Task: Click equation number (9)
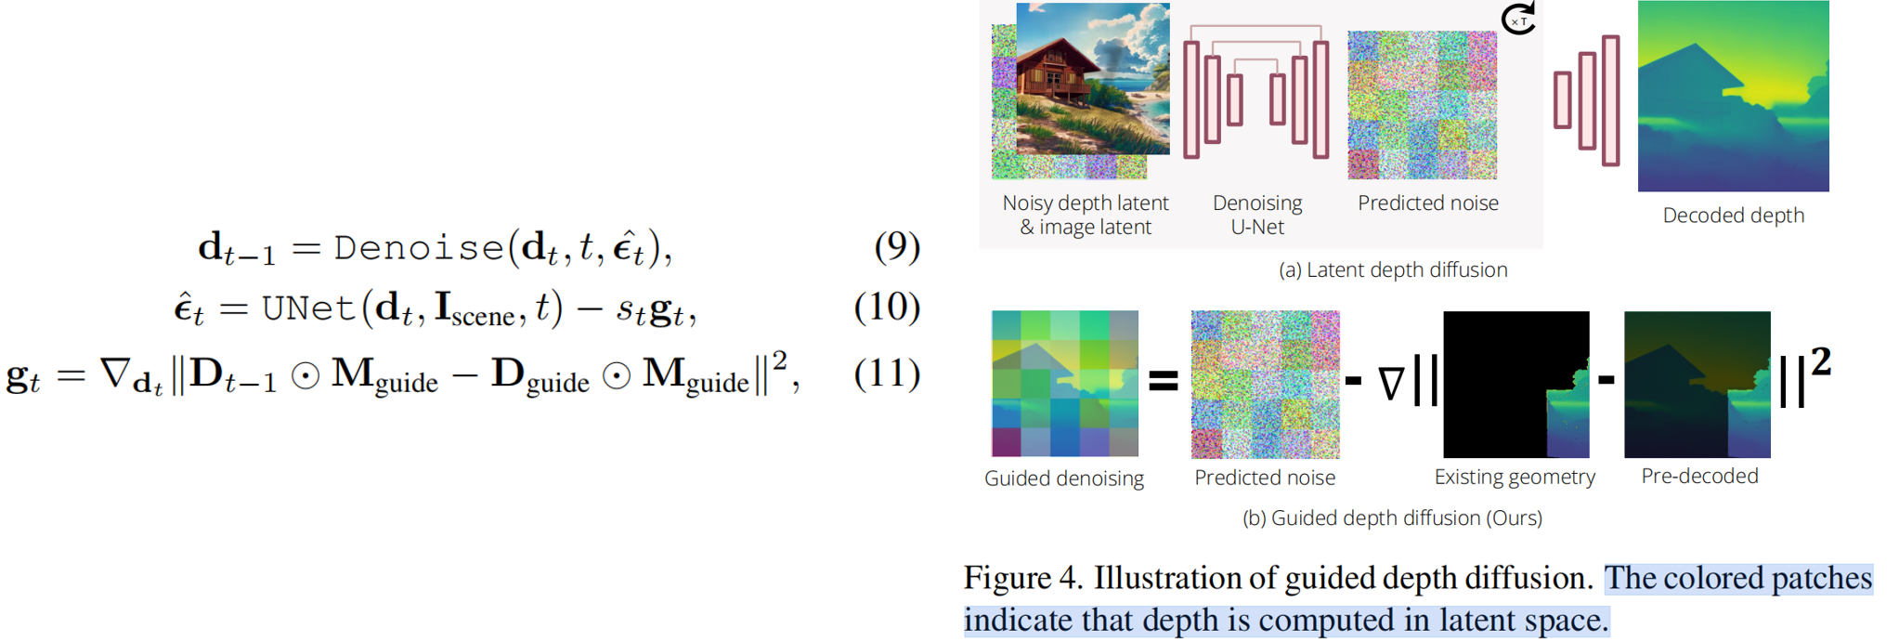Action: click(897, 246)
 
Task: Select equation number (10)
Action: click(887, 308)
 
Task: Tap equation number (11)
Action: click(887, 373)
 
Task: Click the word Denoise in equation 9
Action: click(419, 248)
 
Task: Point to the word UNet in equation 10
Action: click(309, 308)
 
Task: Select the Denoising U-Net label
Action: click(1257, 215)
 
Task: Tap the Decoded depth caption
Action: click(1733, 216)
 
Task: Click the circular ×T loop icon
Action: click(1519, 19)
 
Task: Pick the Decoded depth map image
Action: click(1733, 97)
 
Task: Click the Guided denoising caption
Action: click(1064, 478)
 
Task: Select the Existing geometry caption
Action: click(1515, 478)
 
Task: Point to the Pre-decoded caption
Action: click(1699, 477)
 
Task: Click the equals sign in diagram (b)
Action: click(1164, 381)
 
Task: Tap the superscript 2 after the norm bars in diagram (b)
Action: click(1821, 361)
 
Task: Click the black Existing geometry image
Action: click(1515, 384)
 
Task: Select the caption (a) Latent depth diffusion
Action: click(1393, 270)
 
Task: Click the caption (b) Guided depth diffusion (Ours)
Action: click(1392, 518)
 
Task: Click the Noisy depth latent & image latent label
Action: click(1086, 215)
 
